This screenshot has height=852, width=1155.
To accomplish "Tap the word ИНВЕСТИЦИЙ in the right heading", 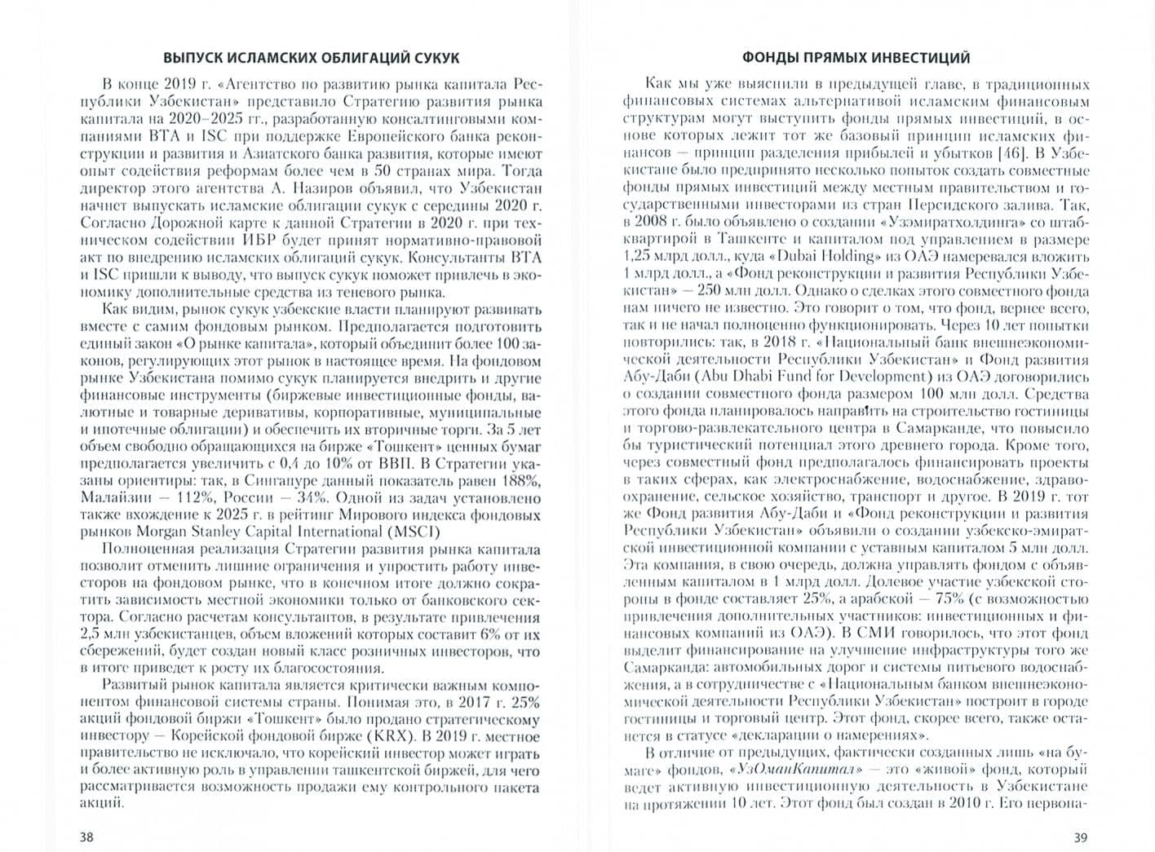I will coord(921,58).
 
